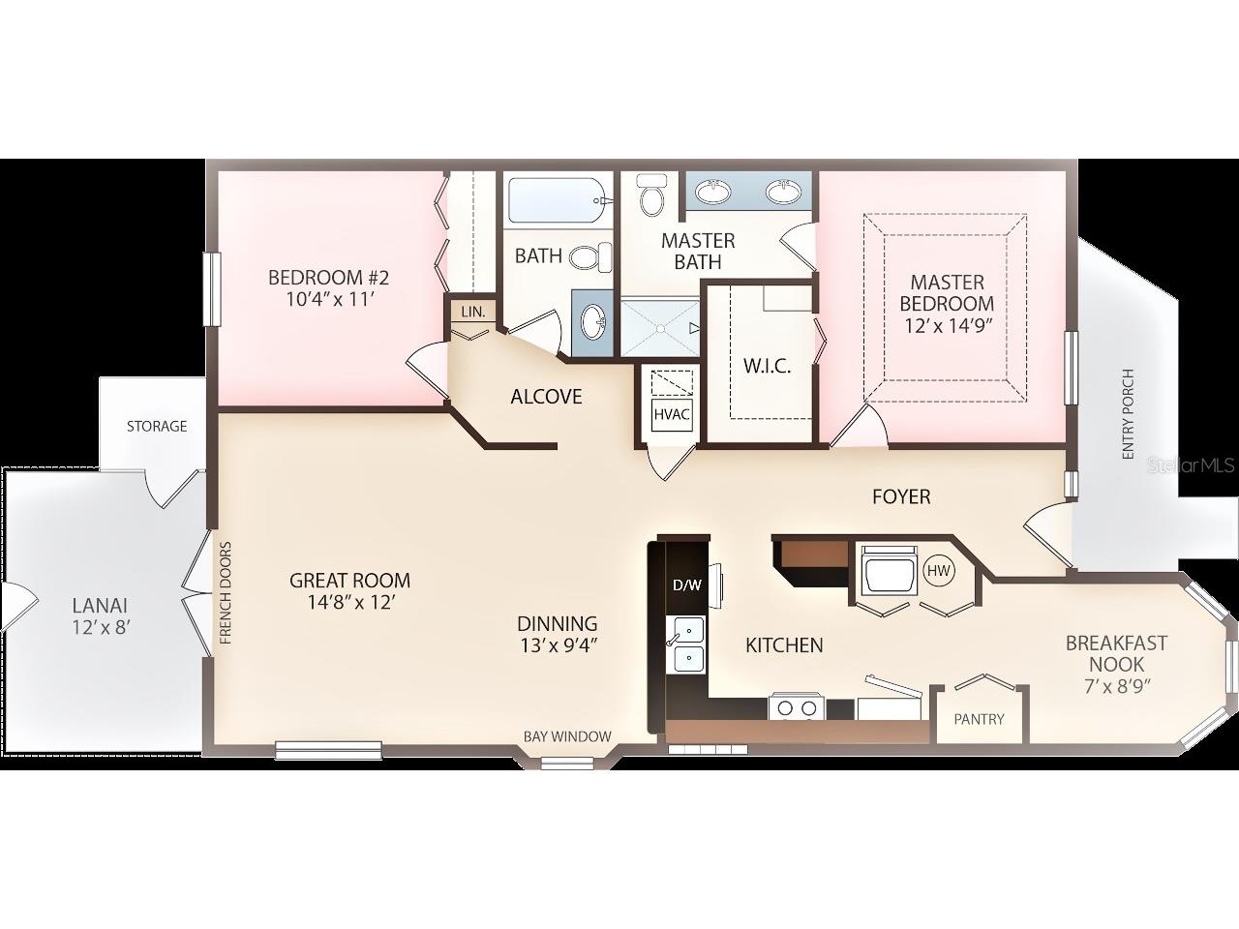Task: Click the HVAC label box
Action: pos(672,414)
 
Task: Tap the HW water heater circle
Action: pos(939,571)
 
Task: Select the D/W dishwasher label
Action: pos(686,584)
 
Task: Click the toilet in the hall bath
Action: pos(590,256)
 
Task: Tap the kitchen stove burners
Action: pos(794,708)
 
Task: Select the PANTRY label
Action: pos(979,719)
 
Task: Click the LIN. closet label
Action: pos(473,312)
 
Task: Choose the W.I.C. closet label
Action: pos(768,366)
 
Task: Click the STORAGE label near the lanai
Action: pos(157,426)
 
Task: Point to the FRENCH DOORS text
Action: pos(226,593)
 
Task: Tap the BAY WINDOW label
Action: pos(567,736)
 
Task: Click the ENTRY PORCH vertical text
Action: pos(1127,415)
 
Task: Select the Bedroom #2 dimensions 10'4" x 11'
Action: pos(329,299)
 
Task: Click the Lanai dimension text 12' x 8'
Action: pos(100,626)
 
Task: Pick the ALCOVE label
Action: pos(546,396)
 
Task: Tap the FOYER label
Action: pos(901,496)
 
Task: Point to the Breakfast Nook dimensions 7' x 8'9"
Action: pos(1116,686)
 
